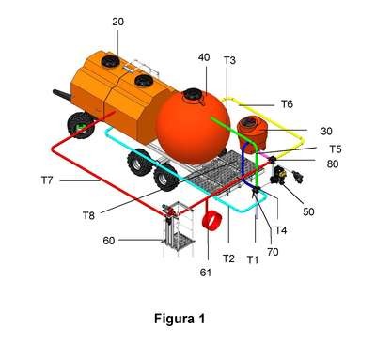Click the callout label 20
[x=118, y=22]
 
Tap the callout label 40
[x=204, y=57]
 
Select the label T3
[x=229, y=60]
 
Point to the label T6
[x=287, y=104]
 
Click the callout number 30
[x=326, y=132]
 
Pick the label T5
[x=336, y=149]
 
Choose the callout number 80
[x=333, y=164]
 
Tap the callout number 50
[x=308, y=211]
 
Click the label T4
[x=281, y=230]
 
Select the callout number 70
[x=273, y=252]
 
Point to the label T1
[x=253, y=259]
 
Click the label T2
[x=228, y=258]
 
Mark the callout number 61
[x=206, y=273]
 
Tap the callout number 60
[x=109, y=241]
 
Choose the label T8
[x=88, y=215]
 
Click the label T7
[x=47, y=180]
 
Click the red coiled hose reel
[x=212, y=222]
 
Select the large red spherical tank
[x=194, y=129]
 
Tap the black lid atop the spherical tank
[x=193, y=94]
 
